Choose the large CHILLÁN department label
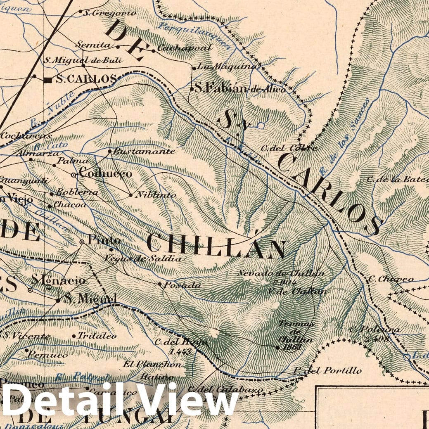point(216,245)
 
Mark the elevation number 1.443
point(180,351)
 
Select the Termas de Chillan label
point(295,332)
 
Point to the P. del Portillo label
point(327,370)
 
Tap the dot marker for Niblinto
point(131,195)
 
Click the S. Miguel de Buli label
point(83,60)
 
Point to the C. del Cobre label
point(289,148)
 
